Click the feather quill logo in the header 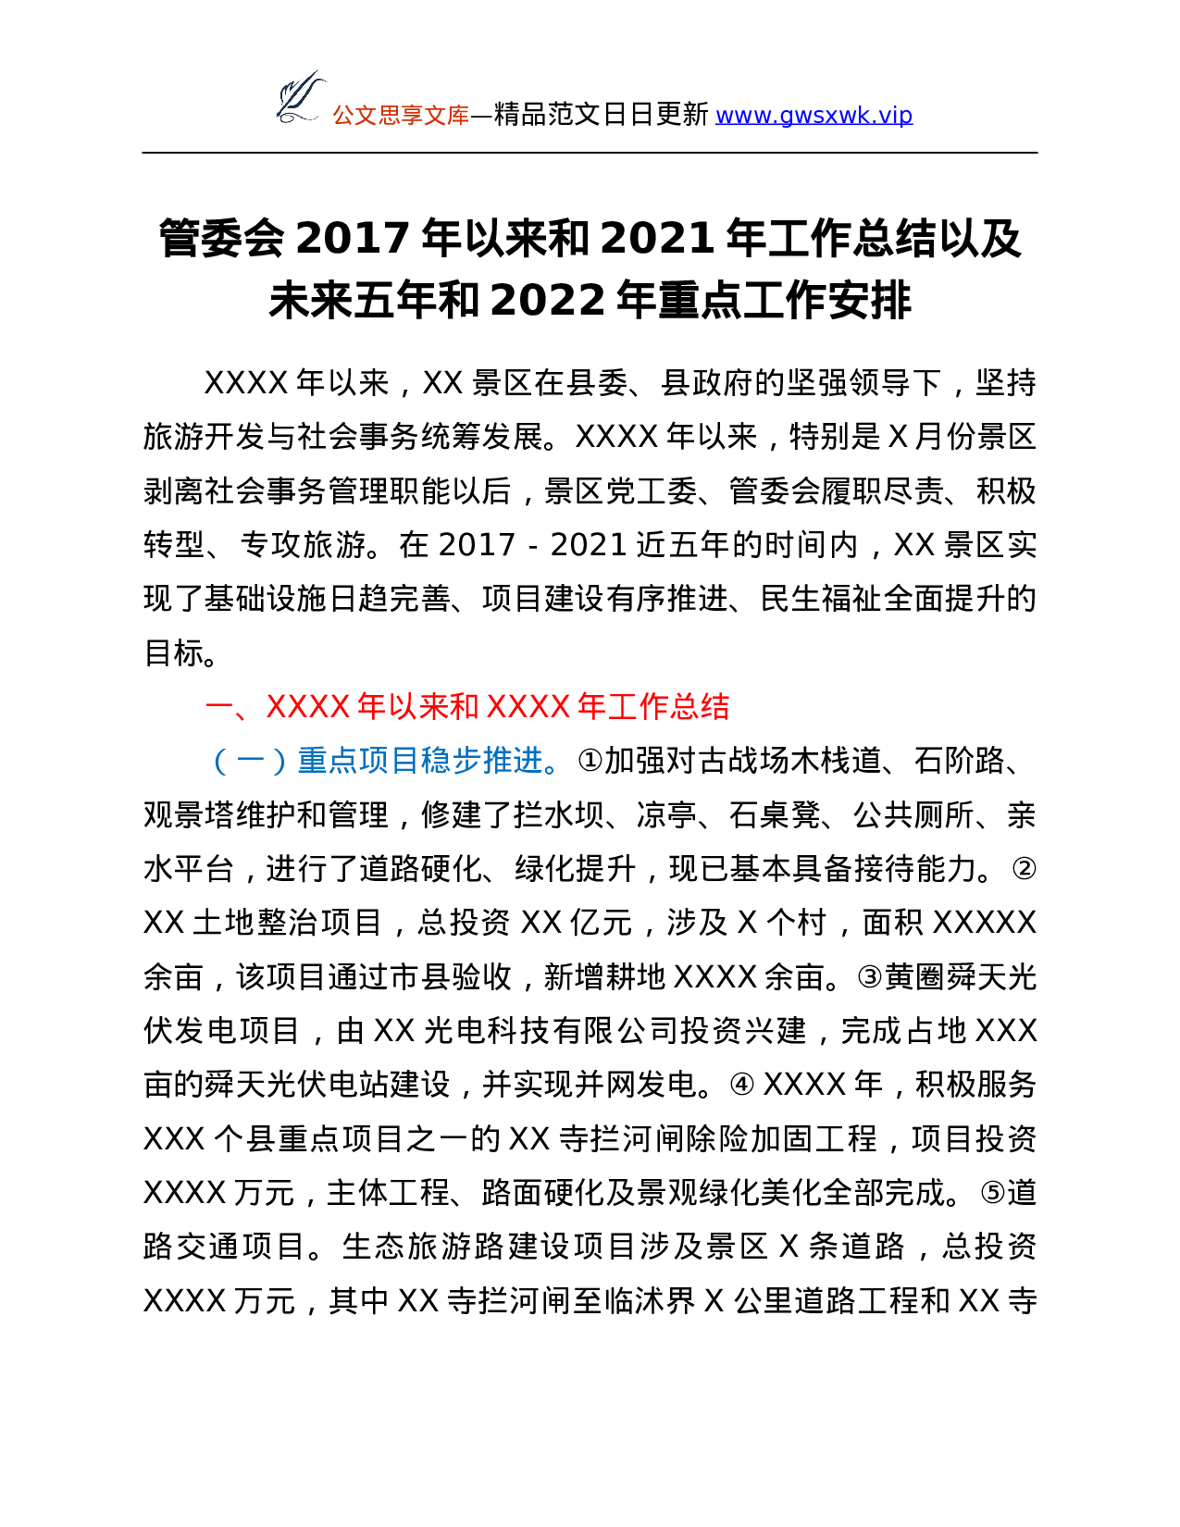[301, 98]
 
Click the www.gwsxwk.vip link [814, 115]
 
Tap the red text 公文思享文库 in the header [401, 116]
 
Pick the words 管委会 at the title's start [222, 238]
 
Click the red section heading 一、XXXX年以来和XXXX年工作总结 [466, 706]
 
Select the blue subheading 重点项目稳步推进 [420, 761]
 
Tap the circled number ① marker [590, 761]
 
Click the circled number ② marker [1024, 869]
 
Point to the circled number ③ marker [869, 976]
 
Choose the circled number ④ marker [742, 1085]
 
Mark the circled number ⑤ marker [993, 1193]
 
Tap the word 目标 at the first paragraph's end [174, 652]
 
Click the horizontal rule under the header [590, 153]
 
